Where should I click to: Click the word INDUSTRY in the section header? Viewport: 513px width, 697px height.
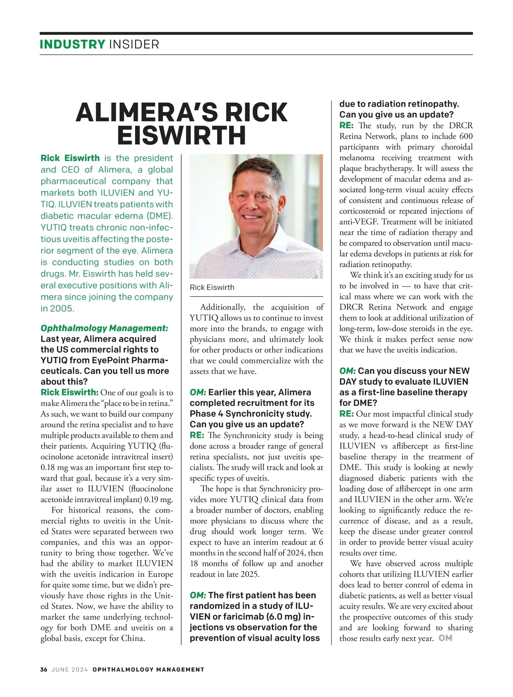coord(72,44)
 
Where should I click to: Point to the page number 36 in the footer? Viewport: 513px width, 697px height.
coord(44,670)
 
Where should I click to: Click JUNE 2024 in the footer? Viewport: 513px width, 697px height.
coord(69,670)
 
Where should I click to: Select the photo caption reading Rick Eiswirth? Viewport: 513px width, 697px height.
coord(212,288)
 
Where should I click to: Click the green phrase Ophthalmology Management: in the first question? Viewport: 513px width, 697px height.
coord(104,328)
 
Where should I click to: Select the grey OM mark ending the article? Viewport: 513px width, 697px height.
coord(445,638)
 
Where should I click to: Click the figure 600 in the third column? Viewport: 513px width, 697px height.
coord(466,136)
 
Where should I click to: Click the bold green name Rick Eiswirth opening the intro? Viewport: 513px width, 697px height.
coord(70,158)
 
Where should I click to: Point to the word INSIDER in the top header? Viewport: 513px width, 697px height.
coord(134,44)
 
